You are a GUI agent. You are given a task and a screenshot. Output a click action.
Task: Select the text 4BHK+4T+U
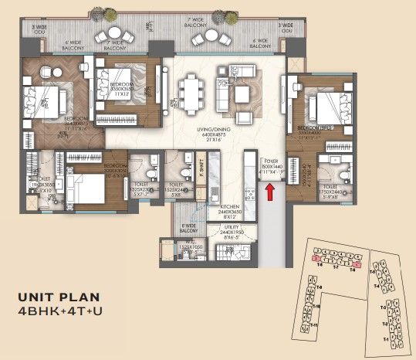61,311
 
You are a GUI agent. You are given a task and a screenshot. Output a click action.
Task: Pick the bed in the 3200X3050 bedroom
86,187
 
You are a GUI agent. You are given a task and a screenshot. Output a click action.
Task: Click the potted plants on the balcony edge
99,13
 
